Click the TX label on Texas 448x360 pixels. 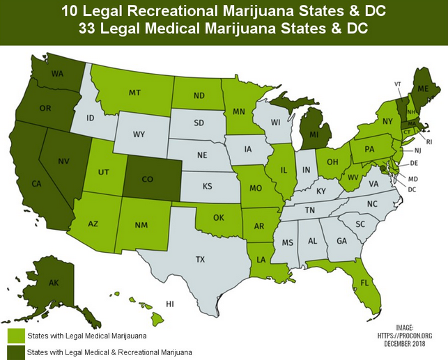point(200,259)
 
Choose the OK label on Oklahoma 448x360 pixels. point(219,217)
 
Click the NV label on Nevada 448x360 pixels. point(63,162)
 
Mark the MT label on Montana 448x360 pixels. point(135,92)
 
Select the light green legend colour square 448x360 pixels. point(15,335)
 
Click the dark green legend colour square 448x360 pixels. point(15,352)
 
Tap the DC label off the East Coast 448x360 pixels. point(411,189)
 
